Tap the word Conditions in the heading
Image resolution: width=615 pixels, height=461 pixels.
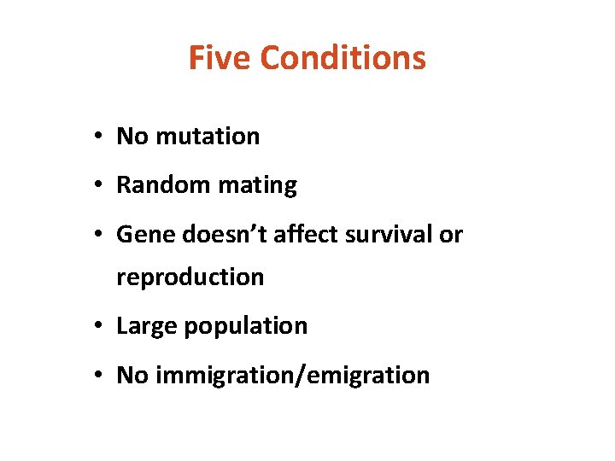tap(343, 58)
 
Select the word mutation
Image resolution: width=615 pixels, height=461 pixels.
tap(206, 136)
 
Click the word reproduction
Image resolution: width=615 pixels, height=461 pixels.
tap(190, 277)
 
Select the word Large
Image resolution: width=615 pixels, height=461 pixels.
tap(144, 326)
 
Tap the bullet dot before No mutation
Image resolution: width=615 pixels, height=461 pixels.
tap(100, 137)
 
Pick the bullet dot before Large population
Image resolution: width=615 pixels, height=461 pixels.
tap(100, 326)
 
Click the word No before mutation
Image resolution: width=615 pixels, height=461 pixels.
tap(132, 136)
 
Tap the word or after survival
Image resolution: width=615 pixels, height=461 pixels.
tap(451, 235)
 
